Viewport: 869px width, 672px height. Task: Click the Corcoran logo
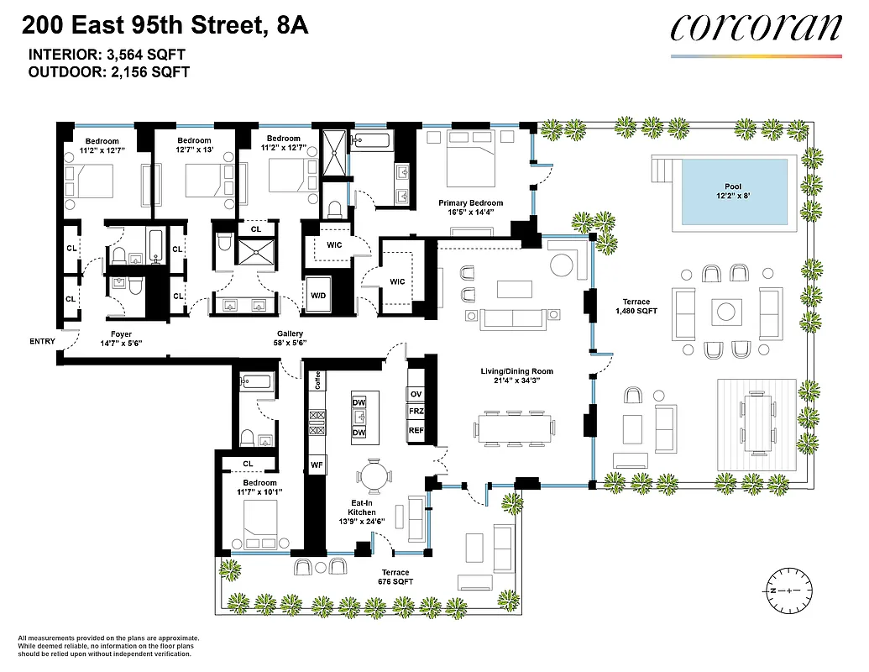pos(756,29)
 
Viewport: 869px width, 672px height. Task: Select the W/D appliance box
pos(319,296)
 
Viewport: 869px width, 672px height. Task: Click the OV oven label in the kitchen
pos(416,394)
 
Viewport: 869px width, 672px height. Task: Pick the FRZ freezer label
pos(416,412)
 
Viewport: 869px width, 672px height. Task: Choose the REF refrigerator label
pos(416,430)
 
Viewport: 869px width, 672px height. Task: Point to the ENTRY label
pos(42,342)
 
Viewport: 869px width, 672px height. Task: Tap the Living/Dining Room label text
pos(516,371)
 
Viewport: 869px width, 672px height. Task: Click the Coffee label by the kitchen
pos(318,381)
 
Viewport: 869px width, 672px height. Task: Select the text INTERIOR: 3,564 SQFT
pos(107,55)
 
